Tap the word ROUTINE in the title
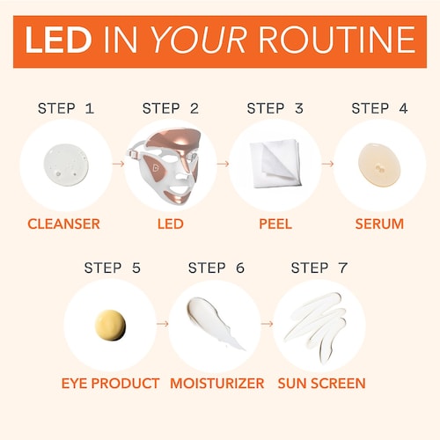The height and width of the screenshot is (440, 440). pos(336,40)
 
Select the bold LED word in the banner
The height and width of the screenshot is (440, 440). pos(58,40)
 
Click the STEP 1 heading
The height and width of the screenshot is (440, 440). pos(66,108)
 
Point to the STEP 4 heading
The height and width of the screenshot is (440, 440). pos(379,108)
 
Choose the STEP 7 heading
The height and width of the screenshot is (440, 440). pos(319,268)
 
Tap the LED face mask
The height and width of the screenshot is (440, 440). pos(165,165)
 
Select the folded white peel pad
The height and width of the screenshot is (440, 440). pos(275,164)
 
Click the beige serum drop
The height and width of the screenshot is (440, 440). pos(379,165)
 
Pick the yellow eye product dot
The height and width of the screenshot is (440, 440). pos(110,326)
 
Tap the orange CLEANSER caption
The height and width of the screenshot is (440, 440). pos(63,224)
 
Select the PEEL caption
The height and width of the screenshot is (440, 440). pos(275,224)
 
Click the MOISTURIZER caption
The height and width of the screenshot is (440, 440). pos(217,384)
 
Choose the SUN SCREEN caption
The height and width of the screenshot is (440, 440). pos(321,384)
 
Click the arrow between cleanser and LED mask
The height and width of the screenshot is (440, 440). pos(119,164)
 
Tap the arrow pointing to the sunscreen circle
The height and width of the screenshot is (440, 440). pos(267,324)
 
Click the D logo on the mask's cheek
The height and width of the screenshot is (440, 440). pos(156,168)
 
